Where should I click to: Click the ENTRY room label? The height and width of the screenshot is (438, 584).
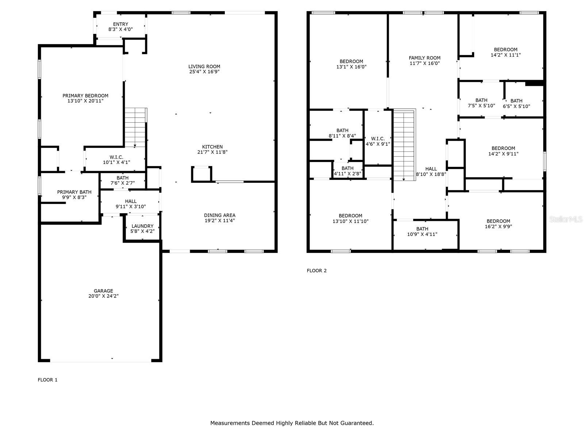coord(120,24)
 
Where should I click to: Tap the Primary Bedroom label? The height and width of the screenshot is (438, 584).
coord(85,96)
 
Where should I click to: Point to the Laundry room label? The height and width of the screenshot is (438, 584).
coord(142,226)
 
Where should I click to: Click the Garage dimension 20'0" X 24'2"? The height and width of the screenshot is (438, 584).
coord(103,296)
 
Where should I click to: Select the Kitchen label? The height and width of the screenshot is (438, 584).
coord(212,147)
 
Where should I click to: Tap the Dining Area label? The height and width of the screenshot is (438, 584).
coord(219,215)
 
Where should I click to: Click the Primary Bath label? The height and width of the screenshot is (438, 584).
coord(74,192)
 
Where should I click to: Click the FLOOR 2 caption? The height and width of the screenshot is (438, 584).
coord(316,270)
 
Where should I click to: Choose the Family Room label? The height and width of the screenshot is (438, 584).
coord(424,58)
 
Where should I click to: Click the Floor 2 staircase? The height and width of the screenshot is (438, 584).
coord(404,145)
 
